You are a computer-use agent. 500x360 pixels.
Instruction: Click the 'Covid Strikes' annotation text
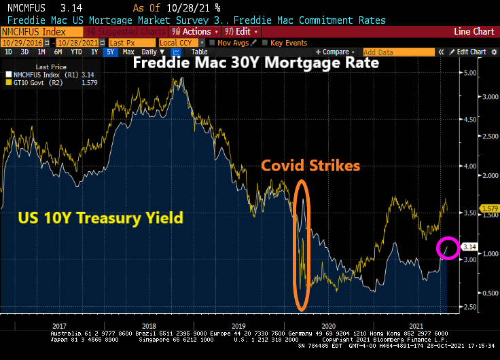point(310,166)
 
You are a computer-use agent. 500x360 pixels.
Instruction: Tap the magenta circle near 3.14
point(447,248)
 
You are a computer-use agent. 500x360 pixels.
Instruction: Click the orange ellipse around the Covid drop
point(302,242)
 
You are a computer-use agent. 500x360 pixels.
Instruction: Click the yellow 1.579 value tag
point(471,208)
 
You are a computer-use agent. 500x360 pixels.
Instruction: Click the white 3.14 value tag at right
point(469,247)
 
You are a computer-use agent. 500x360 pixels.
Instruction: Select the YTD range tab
point(77,52)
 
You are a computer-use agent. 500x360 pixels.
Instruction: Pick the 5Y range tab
point(111,52)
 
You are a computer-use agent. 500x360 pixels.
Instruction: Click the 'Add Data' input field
point(397,52)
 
